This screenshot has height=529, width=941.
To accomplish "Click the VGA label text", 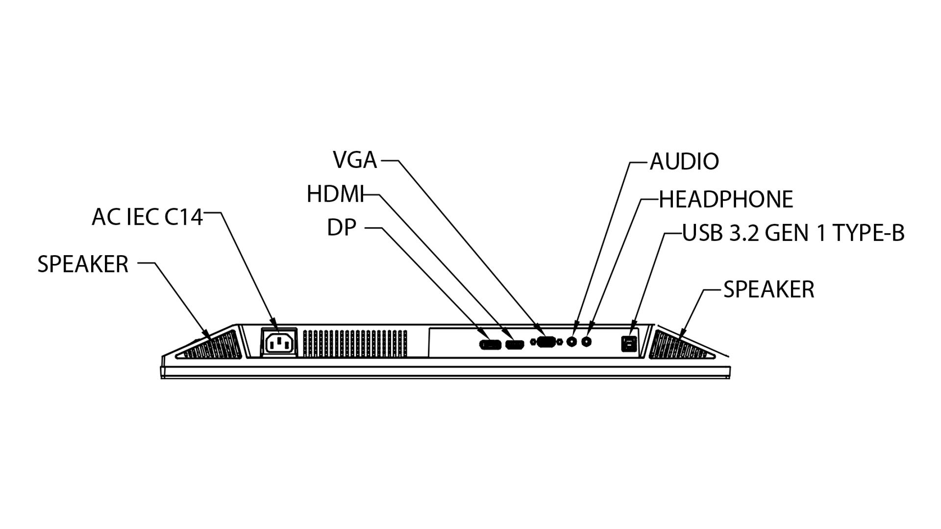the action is coord(355,160).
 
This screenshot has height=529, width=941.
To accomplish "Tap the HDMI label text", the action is coord(336,194).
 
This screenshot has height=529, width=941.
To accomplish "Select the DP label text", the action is coord(342,227).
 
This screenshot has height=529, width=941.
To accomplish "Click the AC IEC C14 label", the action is coord(147,217).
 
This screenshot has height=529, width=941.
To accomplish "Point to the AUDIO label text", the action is coord(684,161).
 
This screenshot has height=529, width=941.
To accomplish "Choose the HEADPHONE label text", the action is coord(726,199).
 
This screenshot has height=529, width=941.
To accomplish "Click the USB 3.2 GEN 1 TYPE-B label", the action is coord(793,233).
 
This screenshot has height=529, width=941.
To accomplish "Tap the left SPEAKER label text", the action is coord(83,264).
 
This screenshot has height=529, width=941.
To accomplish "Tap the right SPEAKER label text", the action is coord(768,289).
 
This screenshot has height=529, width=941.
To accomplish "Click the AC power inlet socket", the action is coord(279,342).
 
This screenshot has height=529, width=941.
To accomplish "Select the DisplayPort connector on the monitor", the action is coord(490,344).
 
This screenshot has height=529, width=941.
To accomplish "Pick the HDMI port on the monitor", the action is coord(514,344).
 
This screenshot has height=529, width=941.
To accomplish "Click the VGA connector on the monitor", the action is coord(546,342).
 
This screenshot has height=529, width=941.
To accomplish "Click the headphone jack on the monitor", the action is coord(587,341).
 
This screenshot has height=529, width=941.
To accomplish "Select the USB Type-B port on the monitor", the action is coord(628,343).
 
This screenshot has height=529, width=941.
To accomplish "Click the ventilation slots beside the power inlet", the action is coord(355,343).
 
